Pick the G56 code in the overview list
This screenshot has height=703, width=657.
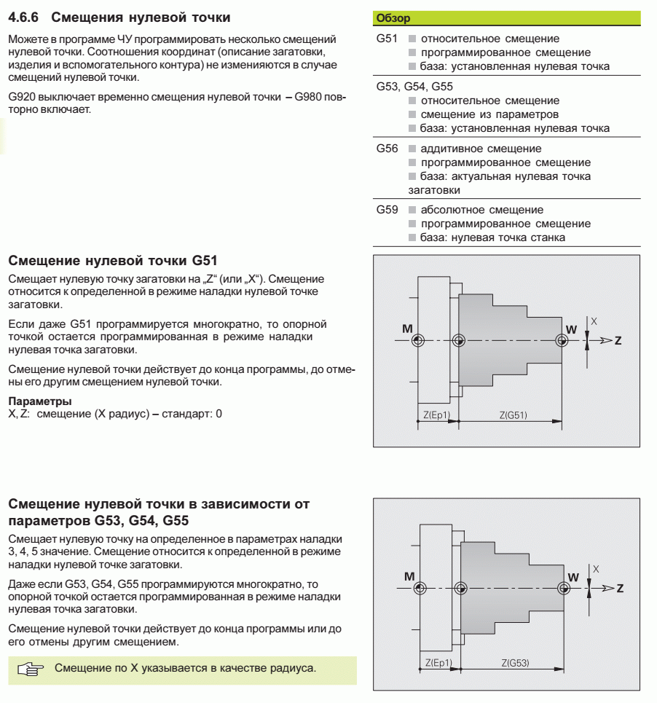click(387, 148)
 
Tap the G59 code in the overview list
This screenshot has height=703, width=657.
click(387, 210)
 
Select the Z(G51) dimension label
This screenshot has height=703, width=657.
click(513, 415)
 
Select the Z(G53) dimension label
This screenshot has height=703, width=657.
click(514, 662)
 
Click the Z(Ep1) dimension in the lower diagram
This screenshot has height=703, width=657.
click(438, 662)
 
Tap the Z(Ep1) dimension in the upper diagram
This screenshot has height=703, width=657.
click(437, 415)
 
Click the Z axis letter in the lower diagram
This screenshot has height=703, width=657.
click(618, 587)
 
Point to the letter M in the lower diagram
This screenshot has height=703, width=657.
click(406, 575)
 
